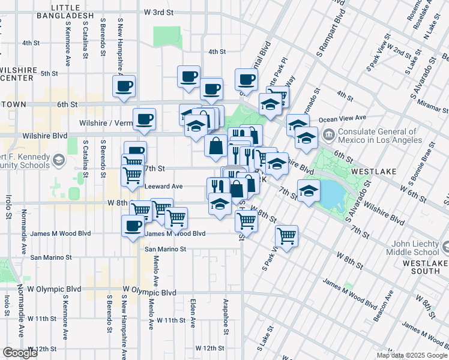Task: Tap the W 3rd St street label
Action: pos(159,12)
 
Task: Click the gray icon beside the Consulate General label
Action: pos(328,134)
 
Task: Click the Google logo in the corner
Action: pos(20,353)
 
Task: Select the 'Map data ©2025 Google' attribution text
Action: pos(411,355)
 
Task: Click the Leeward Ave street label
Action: pos(164,187)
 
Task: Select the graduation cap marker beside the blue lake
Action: pos(309,193)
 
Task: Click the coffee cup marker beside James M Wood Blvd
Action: pos(133,227)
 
